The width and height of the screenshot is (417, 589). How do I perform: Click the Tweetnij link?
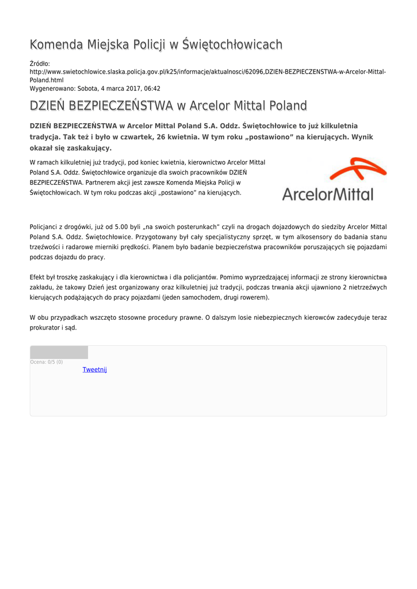94,369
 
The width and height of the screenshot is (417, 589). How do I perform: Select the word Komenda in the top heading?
56,45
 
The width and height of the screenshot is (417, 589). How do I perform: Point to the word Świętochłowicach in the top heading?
232,45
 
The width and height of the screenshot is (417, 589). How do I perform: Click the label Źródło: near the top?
40,63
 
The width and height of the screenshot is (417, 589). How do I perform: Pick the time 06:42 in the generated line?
151,89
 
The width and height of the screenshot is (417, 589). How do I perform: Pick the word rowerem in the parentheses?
255,297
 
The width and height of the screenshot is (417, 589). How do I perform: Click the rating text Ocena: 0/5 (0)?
47,362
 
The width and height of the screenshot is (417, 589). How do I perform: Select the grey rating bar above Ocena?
59,352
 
